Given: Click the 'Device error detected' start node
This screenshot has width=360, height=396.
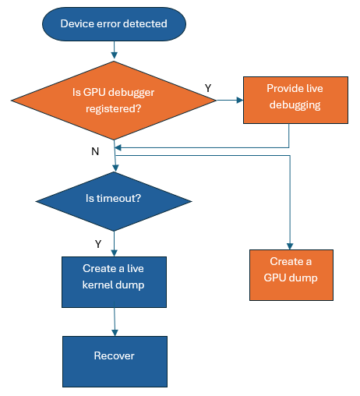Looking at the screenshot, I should [x=114, y=23].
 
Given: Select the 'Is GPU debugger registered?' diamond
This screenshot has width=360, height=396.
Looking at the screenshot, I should [x=114, y=100].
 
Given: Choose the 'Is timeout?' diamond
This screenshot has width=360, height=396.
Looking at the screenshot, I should [x=114, y=199].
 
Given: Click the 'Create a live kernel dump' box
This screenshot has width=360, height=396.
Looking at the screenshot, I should [x=114, y=276].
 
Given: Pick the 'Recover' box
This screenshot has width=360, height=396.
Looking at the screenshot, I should [x=114, y=356].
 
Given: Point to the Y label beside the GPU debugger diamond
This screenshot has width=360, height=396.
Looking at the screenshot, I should [x=208, y=88].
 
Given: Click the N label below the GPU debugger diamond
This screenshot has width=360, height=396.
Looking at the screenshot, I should [x=95, y=151].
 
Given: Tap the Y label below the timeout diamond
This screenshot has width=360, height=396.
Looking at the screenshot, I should [x=98, y=244].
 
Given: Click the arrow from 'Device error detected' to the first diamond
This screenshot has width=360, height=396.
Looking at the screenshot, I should [x=115, y=48].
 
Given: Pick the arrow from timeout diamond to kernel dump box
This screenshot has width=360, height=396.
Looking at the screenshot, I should [x=115, y=243].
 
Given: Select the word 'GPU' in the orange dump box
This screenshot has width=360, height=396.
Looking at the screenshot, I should [x=277, y=278].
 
